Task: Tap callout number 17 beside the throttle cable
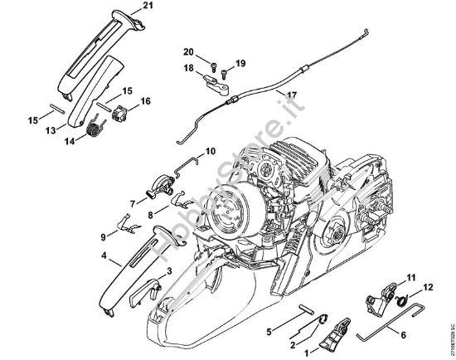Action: tap(292, 95)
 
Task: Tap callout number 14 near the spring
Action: tap(69, 142)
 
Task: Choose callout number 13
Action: tap(50, 130)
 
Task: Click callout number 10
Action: tap(211, 151)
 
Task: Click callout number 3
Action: tap(169, 271)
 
